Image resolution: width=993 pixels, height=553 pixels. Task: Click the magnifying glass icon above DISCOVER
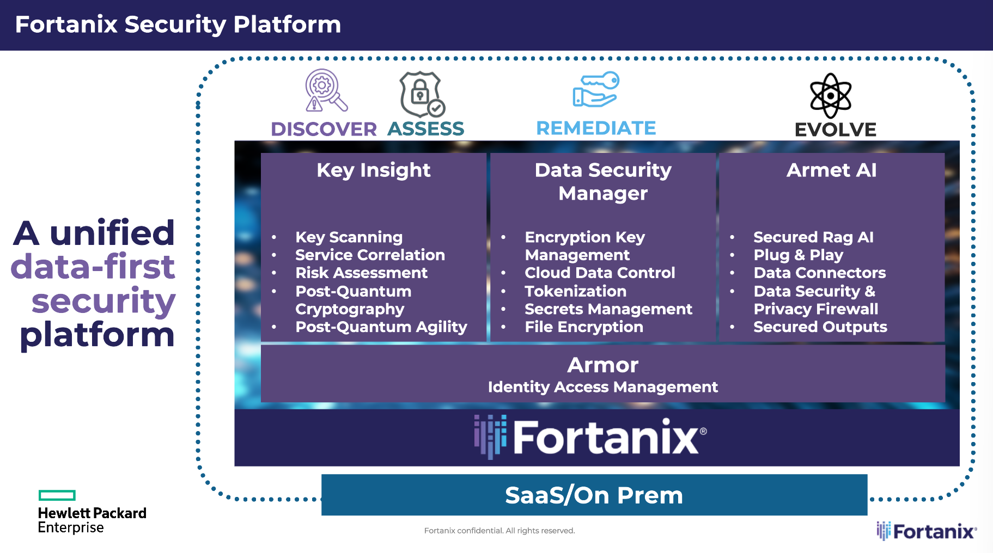coord(326,90)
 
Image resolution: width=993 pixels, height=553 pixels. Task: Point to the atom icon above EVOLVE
coord(830,96)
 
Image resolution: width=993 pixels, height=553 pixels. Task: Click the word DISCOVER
coord(324,130)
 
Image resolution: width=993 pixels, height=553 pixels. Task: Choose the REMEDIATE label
coord(596,128)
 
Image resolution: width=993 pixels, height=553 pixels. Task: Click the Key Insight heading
coord(374,170)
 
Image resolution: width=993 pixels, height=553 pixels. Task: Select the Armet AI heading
coord(831,170)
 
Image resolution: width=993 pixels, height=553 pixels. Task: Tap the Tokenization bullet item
coord(575,291)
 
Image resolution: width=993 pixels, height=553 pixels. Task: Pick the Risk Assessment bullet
coord(361,273)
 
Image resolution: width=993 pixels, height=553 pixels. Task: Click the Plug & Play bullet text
coord(798,255)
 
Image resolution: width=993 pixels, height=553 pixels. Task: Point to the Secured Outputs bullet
coord(820,327)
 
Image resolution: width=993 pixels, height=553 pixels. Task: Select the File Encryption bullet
coord(583,327)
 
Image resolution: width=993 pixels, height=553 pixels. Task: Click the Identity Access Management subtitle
coord(602,387)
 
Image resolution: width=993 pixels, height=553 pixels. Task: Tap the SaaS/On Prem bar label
coord(594,495)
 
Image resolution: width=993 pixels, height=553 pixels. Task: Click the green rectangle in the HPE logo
coord(57,495)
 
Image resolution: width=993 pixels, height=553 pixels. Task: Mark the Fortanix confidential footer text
coord(499,531)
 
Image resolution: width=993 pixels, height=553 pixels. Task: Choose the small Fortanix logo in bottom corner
coord(927,531)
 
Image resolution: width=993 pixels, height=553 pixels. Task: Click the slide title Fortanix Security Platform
coord(178,24)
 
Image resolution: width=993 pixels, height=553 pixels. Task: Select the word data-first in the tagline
coord(93,267)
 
